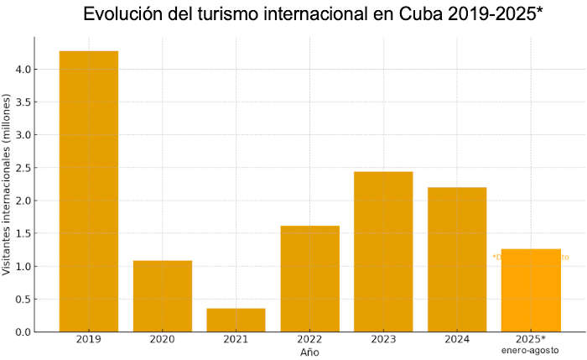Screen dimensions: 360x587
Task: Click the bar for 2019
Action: pyautogui.click(x=88, y=191)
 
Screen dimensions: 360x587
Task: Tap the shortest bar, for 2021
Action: pyautogui.click(x=236, y=320)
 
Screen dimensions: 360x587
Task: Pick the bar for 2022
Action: pyautogui.click(x=309, y=279)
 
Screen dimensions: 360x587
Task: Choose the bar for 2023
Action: pyautogui.click(x=383, y=252)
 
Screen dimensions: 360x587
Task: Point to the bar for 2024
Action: pyautogui.click(x=457, y=259)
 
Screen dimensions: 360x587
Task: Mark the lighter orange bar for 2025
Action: pyautogui.click(x=531, y=290)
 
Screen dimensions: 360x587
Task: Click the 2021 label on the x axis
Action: pyautogui.click(x=236, y=340)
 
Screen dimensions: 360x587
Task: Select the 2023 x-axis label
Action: pyautogui.click(x=383, y=340)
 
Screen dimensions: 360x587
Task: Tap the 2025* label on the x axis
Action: pyautogui.click(x=531, y=339)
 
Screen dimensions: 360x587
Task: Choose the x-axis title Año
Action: pyautogui.click(x=309, y=352)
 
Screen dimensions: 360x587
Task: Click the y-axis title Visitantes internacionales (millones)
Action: pyautogui.click(x=8, y=185)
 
